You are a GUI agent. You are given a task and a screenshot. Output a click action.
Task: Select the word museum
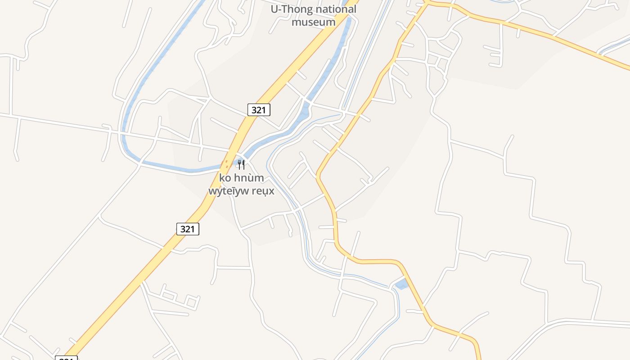point(313,22)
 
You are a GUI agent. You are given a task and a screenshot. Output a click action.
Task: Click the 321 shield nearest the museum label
point(259,109)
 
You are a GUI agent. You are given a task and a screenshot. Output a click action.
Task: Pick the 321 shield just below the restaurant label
point(187,229)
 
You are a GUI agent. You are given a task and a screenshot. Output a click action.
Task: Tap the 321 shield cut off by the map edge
point(66,358)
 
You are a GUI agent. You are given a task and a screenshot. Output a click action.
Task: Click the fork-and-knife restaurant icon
point(241,164)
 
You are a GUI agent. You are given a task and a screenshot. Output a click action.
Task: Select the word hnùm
point(249,178)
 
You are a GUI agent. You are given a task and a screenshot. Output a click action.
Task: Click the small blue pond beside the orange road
point(400,284)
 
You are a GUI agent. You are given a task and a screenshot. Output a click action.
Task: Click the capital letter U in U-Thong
point(274,9)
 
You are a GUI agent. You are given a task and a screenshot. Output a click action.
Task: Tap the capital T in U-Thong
point(284,9)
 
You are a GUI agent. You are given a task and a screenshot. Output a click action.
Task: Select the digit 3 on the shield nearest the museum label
point(254,109)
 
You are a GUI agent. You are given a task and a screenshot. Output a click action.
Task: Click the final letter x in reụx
point(271,191)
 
